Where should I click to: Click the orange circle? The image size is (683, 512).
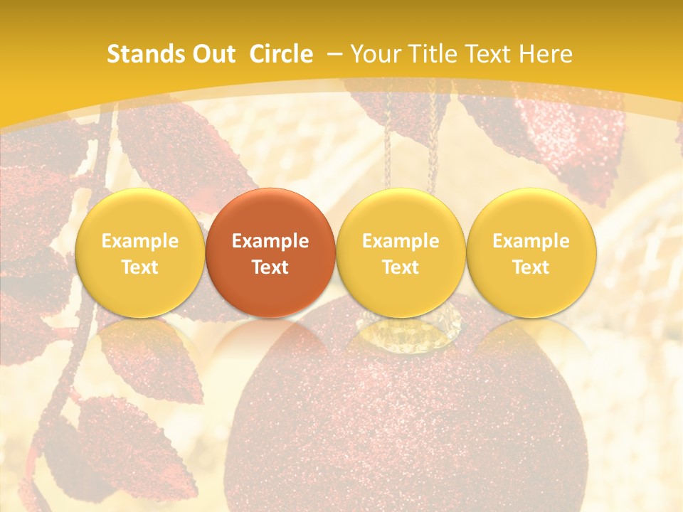pos(270,252)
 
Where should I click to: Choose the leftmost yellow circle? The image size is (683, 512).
pos(139,252)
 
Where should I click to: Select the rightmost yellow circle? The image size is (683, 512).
pos(531,252)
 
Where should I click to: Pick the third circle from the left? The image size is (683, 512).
pos(401,252)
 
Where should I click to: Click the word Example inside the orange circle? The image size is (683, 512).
pos(270,241)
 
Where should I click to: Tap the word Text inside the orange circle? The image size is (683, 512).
pos(270,267)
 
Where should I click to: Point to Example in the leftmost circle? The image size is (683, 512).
pos(139,241)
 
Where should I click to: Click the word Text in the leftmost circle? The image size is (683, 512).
pos(139,267)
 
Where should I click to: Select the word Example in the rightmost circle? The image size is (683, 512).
pos(531,241)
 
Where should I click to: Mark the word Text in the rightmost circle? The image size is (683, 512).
pos(531,267)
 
